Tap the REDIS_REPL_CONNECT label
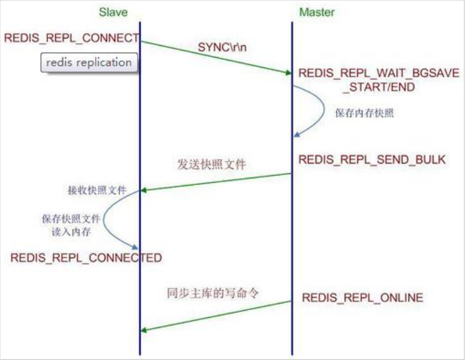coord(72,37)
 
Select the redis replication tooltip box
coord(88,63)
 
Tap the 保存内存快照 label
coord(364,112)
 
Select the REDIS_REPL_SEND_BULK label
coord(372,160)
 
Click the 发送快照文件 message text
coord(212,164)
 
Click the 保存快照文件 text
coord(69,218)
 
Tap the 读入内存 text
coord(70,231)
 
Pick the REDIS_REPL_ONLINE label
coord(362,297)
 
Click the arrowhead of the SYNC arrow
coord(287,71)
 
